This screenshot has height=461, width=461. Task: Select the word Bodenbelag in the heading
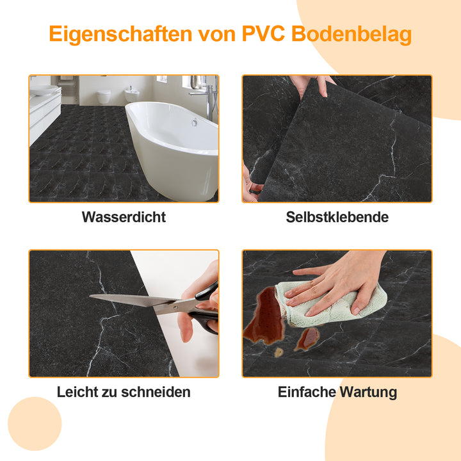point(352,34)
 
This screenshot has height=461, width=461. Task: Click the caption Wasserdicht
point(124,217)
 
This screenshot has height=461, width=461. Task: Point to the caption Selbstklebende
point(337,217)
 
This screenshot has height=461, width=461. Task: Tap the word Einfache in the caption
point(305,392)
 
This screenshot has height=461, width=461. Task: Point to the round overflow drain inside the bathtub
point(194,122)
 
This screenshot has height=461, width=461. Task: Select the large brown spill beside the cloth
point(264,317)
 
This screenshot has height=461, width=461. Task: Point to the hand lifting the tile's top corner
point(310,84)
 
